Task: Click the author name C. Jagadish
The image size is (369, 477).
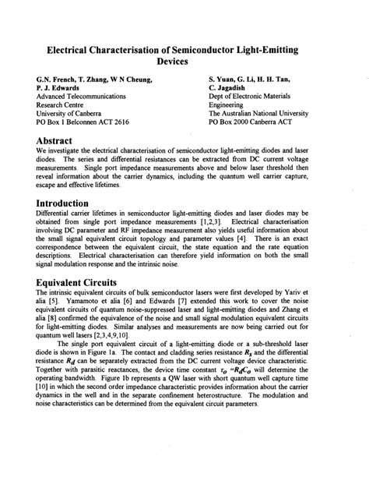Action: tap(231, 88)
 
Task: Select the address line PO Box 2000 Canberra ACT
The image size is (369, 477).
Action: tap(259, 121)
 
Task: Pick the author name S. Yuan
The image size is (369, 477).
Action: tap(225, 78)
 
